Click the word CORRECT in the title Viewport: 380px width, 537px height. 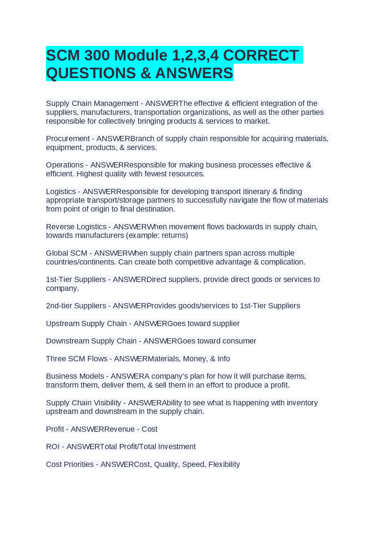pos(261,55)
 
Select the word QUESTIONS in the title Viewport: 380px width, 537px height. pos(91,73)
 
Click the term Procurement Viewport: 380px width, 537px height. pos(68,139)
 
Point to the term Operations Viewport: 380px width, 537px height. pos(65,165)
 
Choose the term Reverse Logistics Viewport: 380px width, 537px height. pos(76,227)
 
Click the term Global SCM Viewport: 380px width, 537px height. pos(66,253)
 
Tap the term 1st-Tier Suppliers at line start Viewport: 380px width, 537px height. pos(76,280)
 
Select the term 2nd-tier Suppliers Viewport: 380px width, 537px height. pos(76,306)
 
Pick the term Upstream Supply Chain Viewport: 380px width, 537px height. pos(86,324)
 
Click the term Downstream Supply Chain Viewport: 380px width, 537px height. pos(91,341)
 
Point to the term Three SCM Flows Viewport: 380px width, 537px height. pos(77,359)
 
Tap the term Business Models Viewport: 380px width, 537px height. pos(75,376)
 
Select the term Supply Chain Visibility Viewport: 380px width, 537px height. pos(83,403)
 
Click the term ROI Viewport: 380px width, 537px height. pos(53,447)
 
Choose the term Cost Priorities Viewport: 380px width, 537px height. pos(70,464)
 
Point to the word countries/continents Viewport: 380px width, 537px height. pos(81,262)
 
